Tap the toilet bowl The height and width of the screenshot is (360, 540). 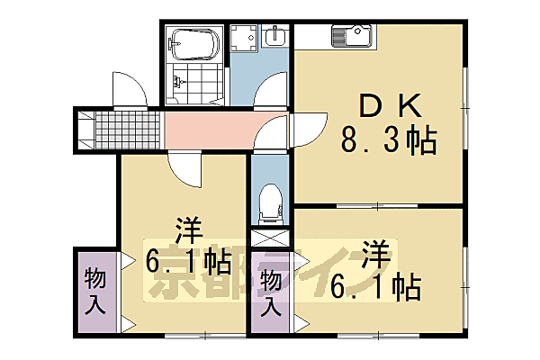269,203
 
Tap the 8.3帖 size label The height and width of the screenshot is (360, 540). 388,141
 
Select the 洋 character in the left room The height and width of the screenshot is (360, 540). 188,230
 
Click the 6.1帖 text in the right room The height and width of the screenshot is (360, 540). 377,288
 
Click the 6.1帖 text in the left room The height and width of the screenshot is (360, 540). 188,263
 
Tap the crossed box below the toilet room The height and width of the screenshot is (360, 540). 269,239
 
